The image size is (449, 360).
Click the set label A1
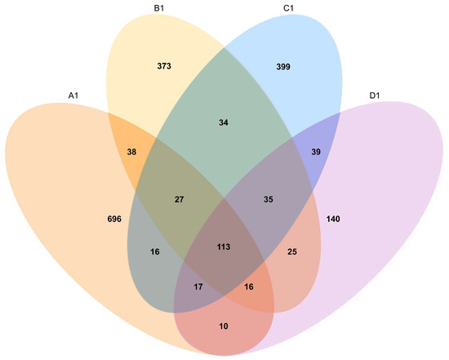(x=73, y=96)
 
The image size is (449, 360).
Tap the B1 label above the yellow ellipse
(x=159, y=9)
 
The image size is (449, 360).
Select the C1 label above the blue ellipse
(x=288, y=9)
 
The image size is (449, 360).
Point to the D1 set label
(x=375, y=96)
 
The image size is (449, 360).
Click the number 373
(x=164, y=66)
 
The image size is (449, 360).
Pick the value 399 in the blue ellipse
(x=283, y=67)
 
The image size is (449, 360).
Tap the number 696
(x=114, y=219)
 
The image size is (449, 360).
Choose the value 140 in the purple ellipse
(x=333, y=219)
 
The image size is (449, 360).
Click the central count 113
(x=224, y=247)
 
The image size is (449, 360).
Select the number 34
(x=224, y=122)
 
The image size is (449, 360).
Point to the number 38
(x=131, y=152)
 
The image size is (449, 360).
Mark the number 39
(x=316, y=152)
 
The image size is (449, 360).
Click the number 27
(x=179, y=199)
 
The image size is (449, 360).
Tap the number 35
(x=269, y=199)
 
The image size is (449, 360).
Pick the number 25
(x=292, y=252)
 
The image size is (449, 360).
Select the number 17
(x=198, y=287)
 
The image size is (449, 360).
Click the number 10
(x=224, y=327)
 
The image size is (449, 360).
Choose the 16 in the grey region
(x=155, y=252)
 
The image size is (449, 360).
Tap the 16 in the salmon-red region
(x=249, y=287)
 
